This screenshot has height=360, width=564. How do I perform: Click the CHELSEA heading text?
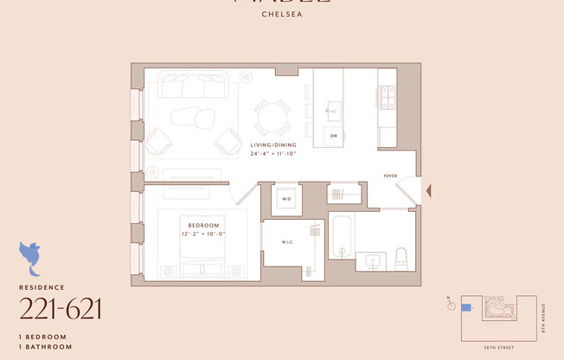pyautogui.click(x=281, y=14)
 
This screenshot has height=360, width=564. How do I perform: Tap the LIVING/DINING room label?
pyautogui.click(x=273, y=145)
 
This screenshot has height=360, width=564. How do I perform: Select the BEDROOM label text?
pyautogui.click(x=202, y=225)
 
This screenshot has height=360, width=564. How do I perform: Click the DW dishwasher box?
pyautogui.click(x=333, y=136)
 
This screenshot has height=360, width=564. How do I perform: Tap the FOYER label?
pyautogui.click(x=391, y=176)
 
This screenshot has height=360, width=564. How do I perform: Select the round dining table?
pyautogui.click(x=272, y=117)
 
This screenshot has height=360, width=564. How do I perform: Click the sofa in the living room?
pyautogui.click(x=192, y=87)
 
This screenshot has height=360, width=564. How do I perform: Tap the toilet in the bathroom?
pyautogui.click(x=401, y=258)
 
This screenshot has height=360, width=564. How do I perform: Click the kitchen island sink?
pyautogui.click(x=334, y=110)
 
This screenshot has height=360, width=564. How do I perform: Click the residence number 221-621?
pyautogui.click(x=61, y=308)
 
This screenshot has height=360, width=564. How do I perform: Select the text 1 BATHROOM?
pyautogui.click(x=45, y=345)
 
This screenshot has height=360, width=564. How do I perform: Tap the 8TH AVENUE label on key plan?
pyautogui.click(x=543, y=316)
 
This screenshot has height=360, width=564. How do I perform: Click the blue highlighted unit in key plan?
pyautogui.click(x=467, y=307)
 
